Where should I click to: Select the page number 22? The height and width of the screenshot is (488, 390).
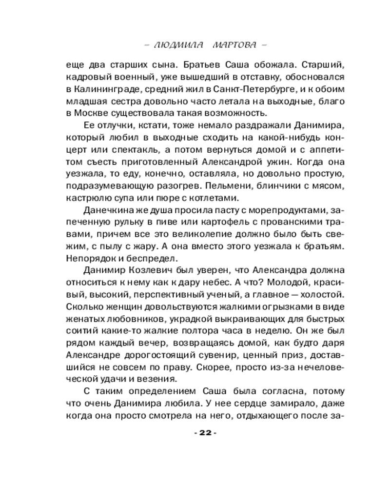click(205, 433)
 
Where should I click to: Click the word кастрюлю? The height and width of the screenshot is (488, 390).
click(88, 199)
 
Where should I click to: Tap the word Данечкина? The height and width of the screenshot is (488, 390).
click(104, 211)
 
